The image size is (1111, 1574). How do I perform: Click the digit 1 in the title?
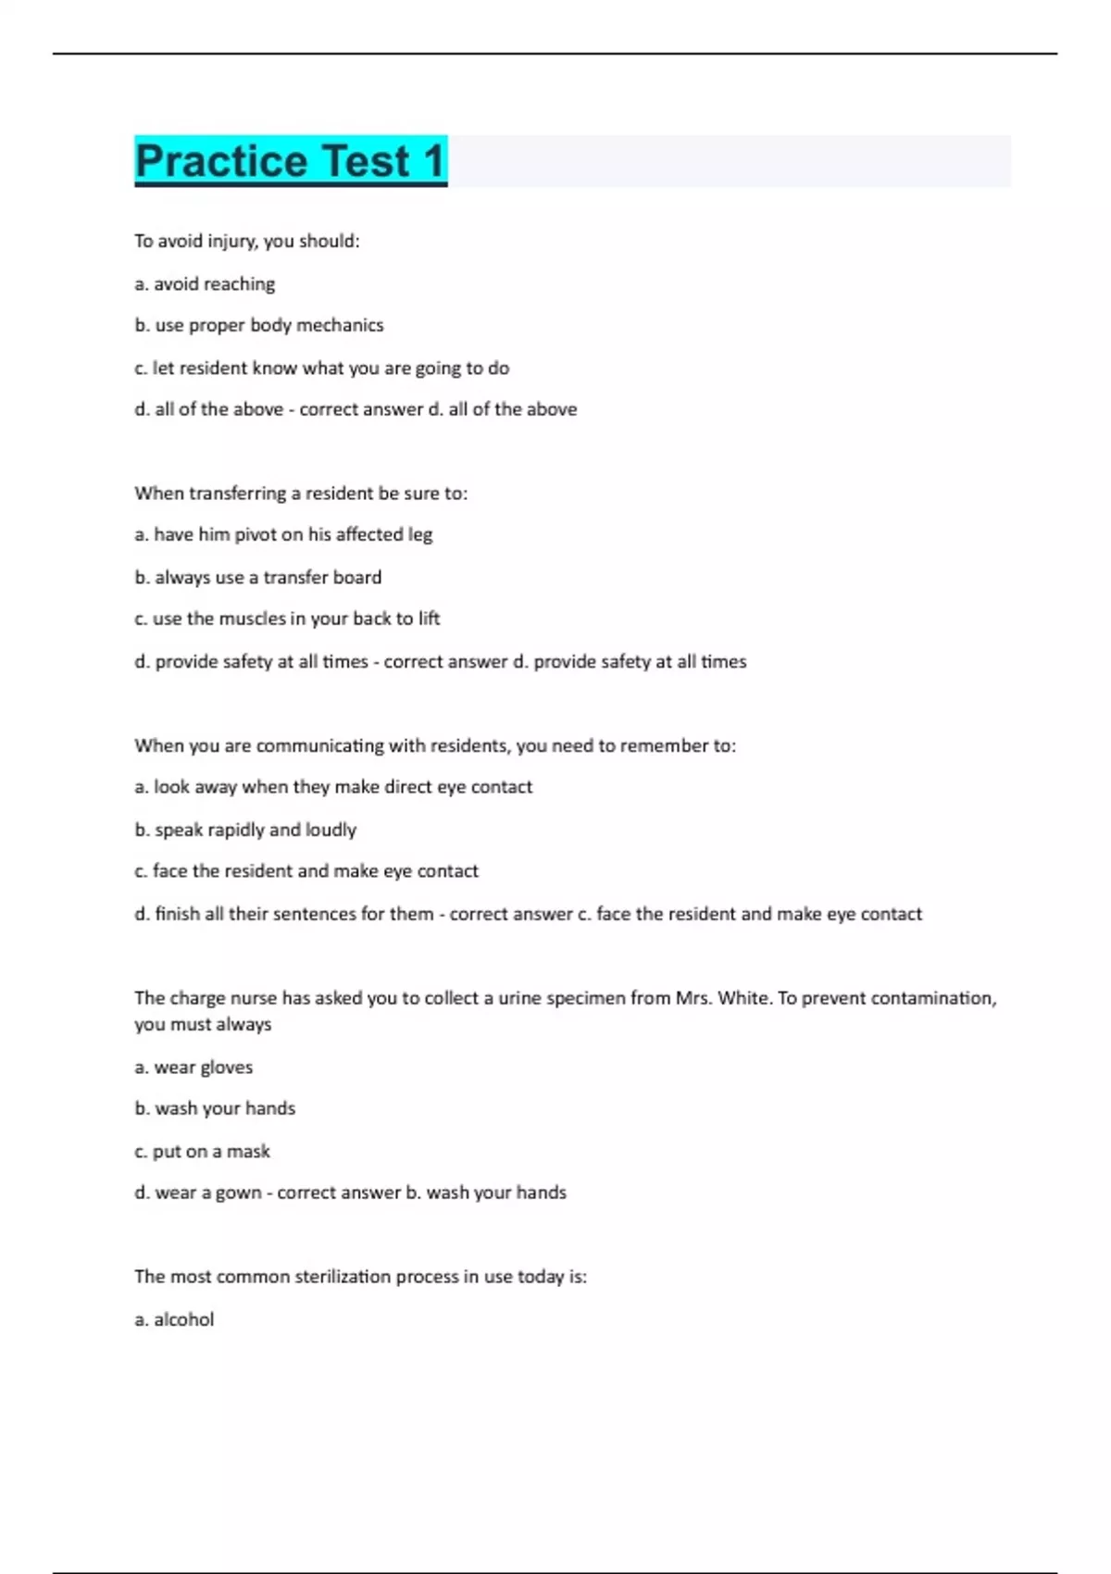pyautogui.click(x=433, y=161)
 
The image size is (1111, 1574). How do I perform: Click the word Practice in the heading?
pyautogui.click(x=220, y=161)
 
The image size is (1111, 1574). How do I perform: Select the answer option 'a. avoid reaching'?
pyautogui.click(x=205, y=284)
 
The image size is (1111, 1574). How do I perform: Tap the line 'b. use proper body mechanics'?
pyautogui.click(x=258, y=325)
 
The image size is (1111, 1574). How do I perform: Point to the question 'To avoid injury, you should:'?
pyautogui.click(x=246, y=241)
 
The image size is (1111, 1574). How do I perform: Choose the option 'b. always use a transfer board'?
pyautogui.click(x=257, y=577)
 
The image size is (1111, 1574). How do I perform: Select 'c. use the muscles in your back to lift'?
pyautogui.click(x=287, y=618)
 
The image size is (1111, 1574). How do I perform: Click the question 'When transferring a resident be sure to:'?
pyautogui.click(x=301, y=493)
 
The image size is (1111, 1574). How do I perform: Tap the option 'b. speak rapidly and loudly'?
pyautogui.click(x=245, y=830)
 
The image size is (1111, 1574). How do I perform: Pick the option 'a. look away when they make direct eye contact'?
pyautogui.click(x=333, y=787)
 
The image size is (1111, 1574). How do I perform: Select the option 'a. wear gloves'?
pyautogui.click(x=193, y=1068)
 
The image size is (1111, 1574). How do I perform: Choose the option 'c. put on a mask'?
pyautogui.click(x=202, y=1152)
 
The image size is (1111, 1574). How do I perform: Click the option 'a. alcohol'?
pyautogui.click(x=174, y=1319)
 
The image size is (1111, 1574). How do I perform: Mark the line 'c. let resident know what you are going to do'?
pyautogui.click(x=321, y=368)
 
